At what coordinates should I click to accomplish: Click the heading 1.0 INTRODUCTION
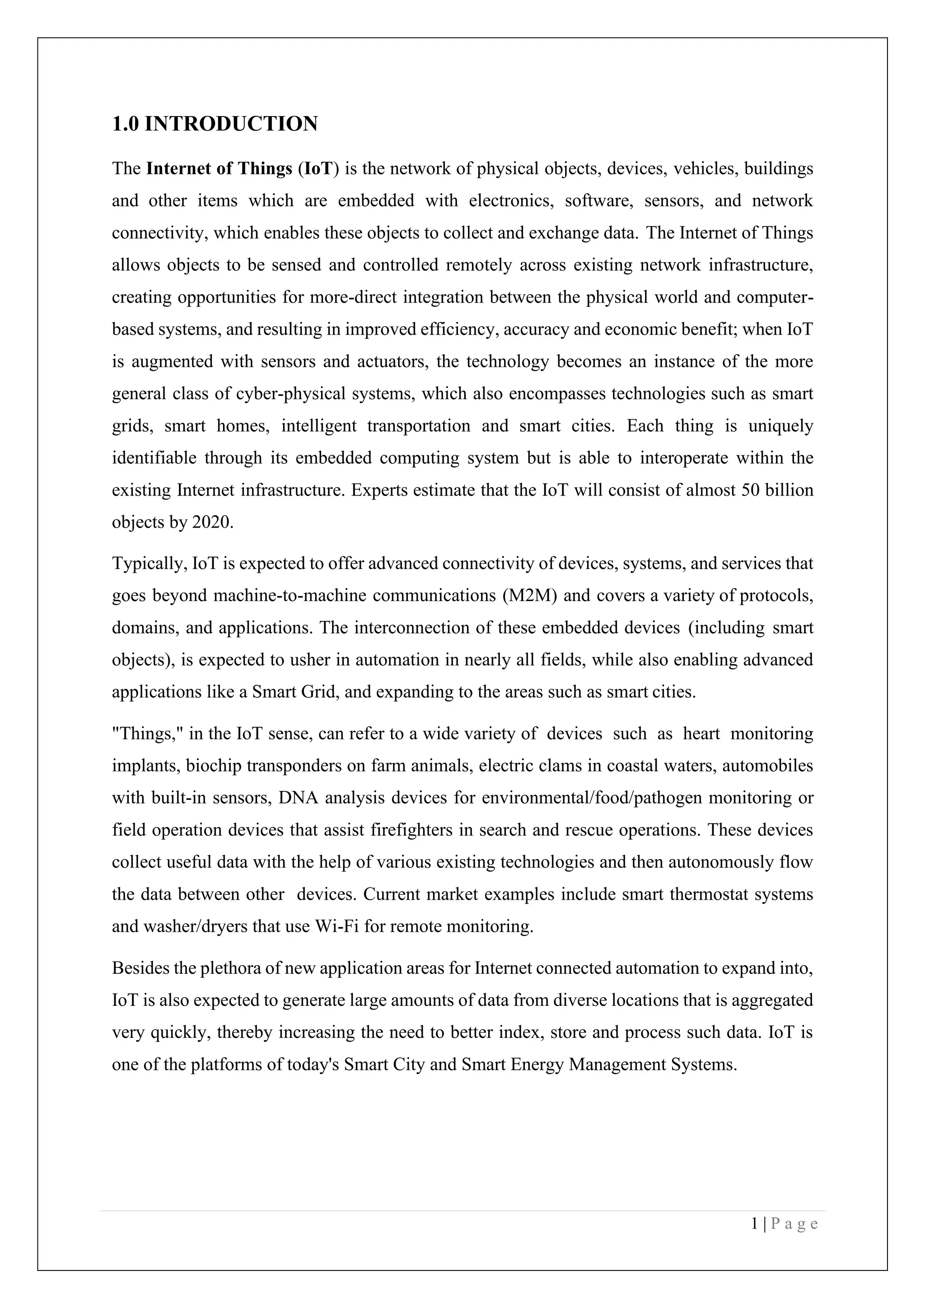(215, 124)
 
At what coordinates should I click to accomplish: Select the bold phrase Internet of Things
(220, 168)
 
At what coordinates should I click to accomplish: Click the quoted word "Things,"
(146, 734)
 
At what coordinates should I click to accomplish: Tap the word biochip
(214, 766)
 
